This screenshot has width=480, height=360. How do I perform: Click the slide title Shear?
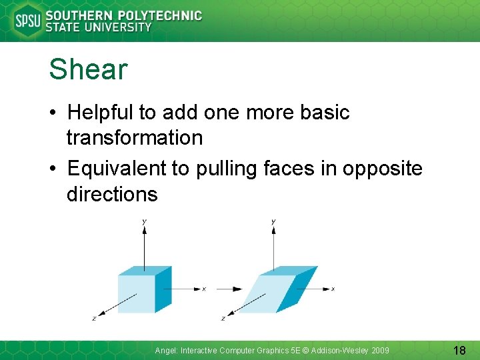click(88, 69)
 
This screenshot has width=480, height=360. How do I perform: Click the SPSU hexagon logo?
click(27, 21)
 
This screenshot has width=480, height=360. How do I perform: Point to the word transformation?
click(134, 138)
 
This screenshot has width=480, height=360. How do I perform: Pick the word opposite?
click(383, 169)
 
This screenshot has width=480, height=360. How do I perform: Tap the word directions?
click(112, 194)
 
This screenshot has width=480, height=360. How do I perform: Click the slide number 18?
click(459, 350)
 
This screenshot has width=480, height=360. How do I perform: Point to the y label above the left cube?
click(145, 221)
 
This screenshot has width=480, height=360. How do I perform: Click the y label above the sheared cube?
click(273, 221)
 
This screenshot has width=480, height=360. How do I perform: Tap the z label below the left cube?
click(94, 319)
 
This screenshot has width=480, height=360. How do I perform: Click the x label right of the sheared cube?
click(333, 289)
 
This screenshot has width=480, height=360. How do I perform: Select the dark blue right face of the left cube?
click(163, 289)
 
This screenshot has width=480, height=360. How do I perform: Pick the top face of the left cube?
click(145, 271)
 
